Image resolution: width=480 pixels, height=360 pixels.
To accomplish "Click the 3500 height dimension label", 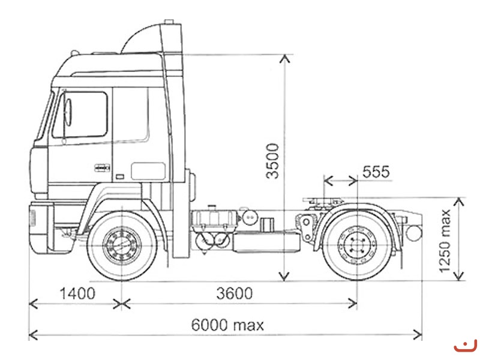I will (x=274, y=160).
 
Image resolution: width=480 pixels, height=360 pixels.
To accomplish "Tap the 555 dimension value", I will (x=376, y=172).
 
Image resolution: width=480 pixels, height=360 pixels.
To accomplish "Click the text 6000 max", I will (x=227, y=325).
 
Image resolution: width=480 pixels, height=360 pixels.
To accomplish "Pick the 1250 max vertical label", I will (x=445, y=241).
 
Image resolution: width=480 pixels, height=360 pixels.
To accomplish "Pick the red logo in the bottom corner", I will (x=464, y=346).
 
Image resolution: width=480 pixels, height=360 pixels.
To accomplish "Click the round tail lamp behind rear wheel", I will (x=413, y=232).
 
